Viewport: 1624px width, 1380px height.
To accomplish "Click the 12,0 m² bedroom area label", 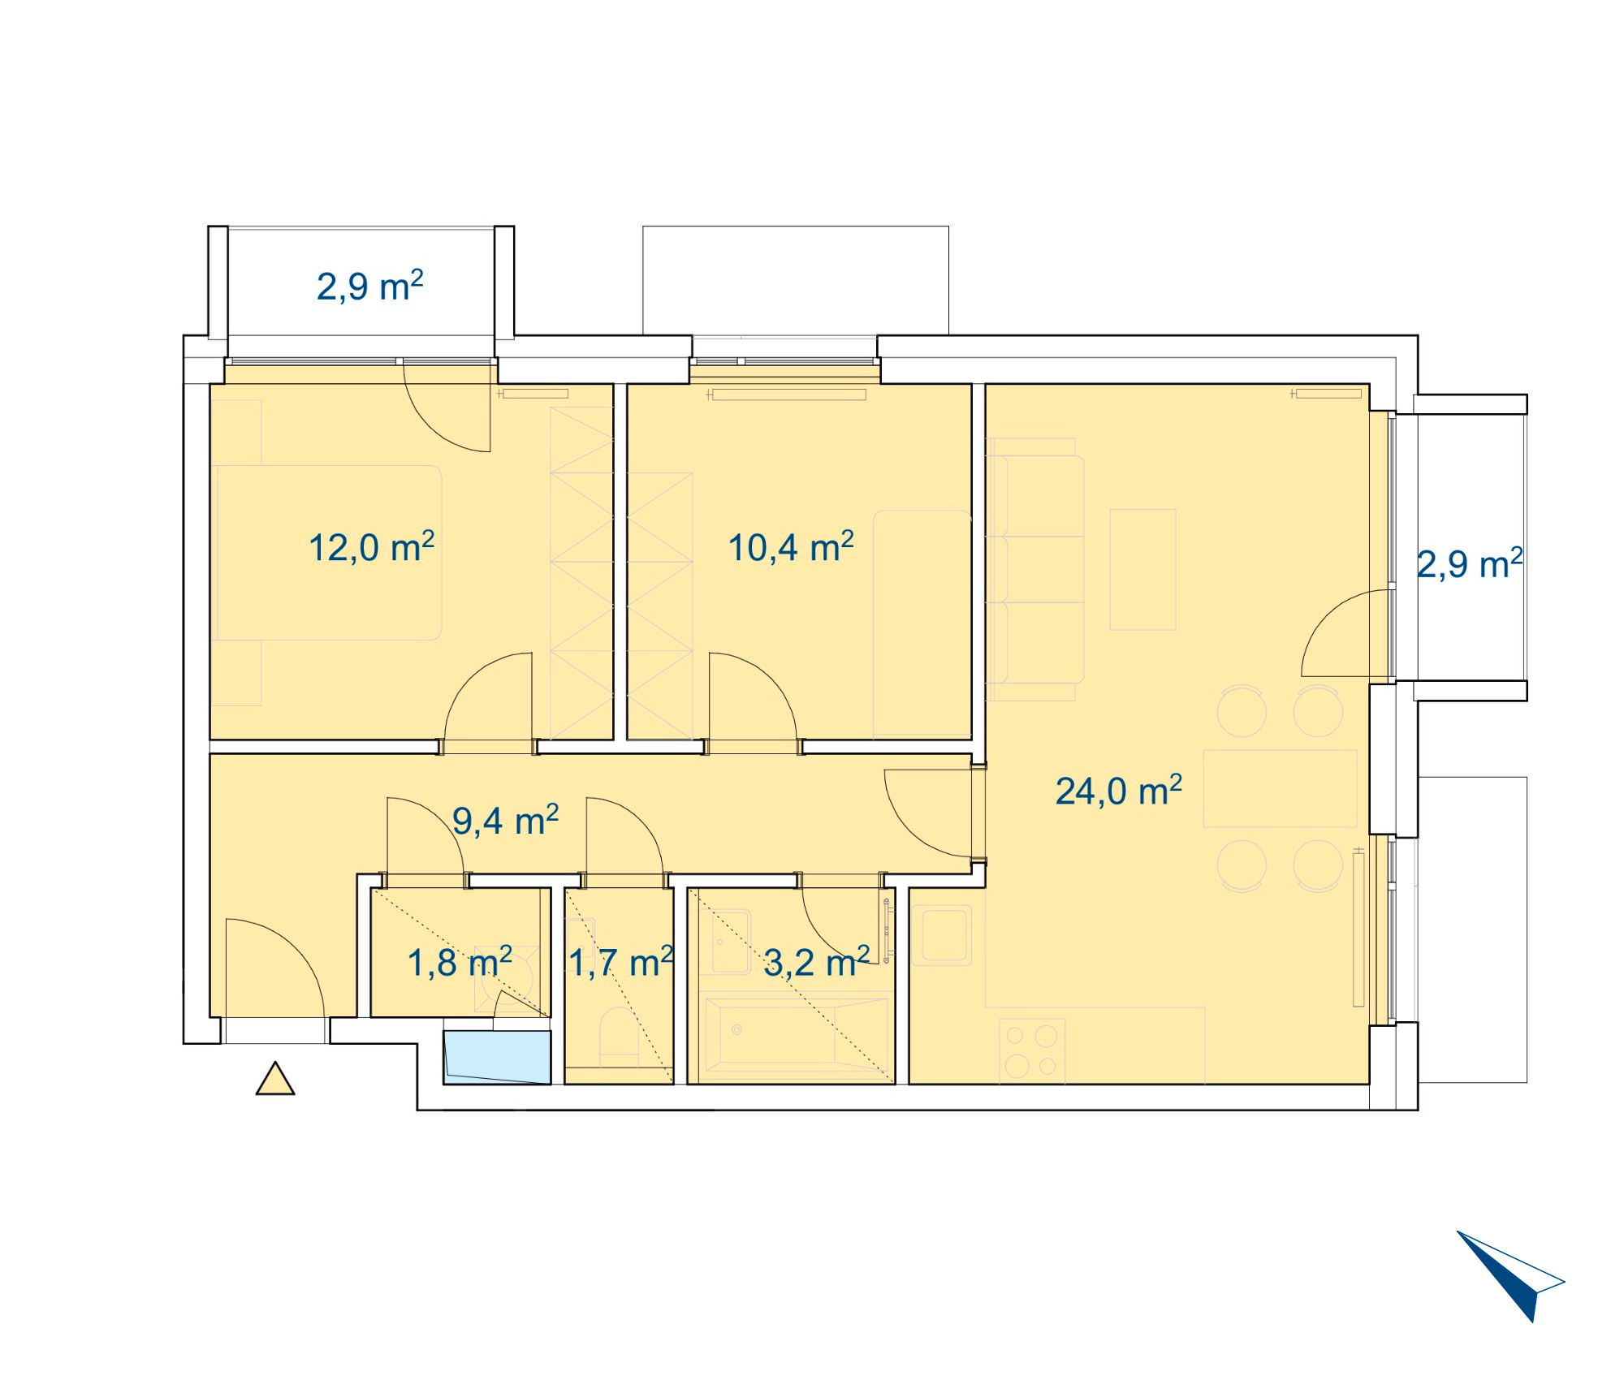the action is point(371,547).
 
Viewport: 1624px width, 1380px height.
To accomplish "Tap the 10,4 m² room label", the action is point(791,547).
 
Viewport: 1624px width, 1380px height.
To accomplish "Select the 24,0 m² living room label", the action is point(1118,791).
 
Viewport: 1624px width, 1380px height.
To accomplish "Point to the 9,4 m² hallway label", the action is point(505,821).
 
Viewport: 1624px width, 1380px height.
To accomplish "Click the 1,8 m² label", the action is point(460,963).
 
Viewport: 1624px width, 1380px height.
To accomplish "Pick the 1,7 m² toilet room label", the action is point(621,963).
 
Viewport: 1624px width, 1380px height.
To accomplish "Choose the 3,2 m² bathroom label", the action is point(817,963).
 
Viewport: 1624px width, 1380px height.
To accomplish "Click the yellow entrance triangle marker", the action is point(275,1080).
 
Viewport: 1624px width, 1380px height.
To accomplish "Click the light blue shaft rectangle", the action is point(497,1058).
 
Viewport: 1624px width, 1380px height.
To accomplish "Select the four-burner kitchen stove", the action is point(1031,1051).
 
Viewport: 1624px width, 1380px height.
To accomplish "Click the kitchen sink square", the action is point(942,935).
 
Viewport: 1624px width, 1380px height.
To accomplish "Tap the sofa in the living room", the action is point(1034,569).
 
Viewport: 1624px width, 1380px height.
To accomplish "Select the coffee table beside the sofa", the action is point(1142,569).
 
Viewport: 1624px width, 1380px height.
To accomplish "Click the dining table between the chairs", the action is point(1280,788).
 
